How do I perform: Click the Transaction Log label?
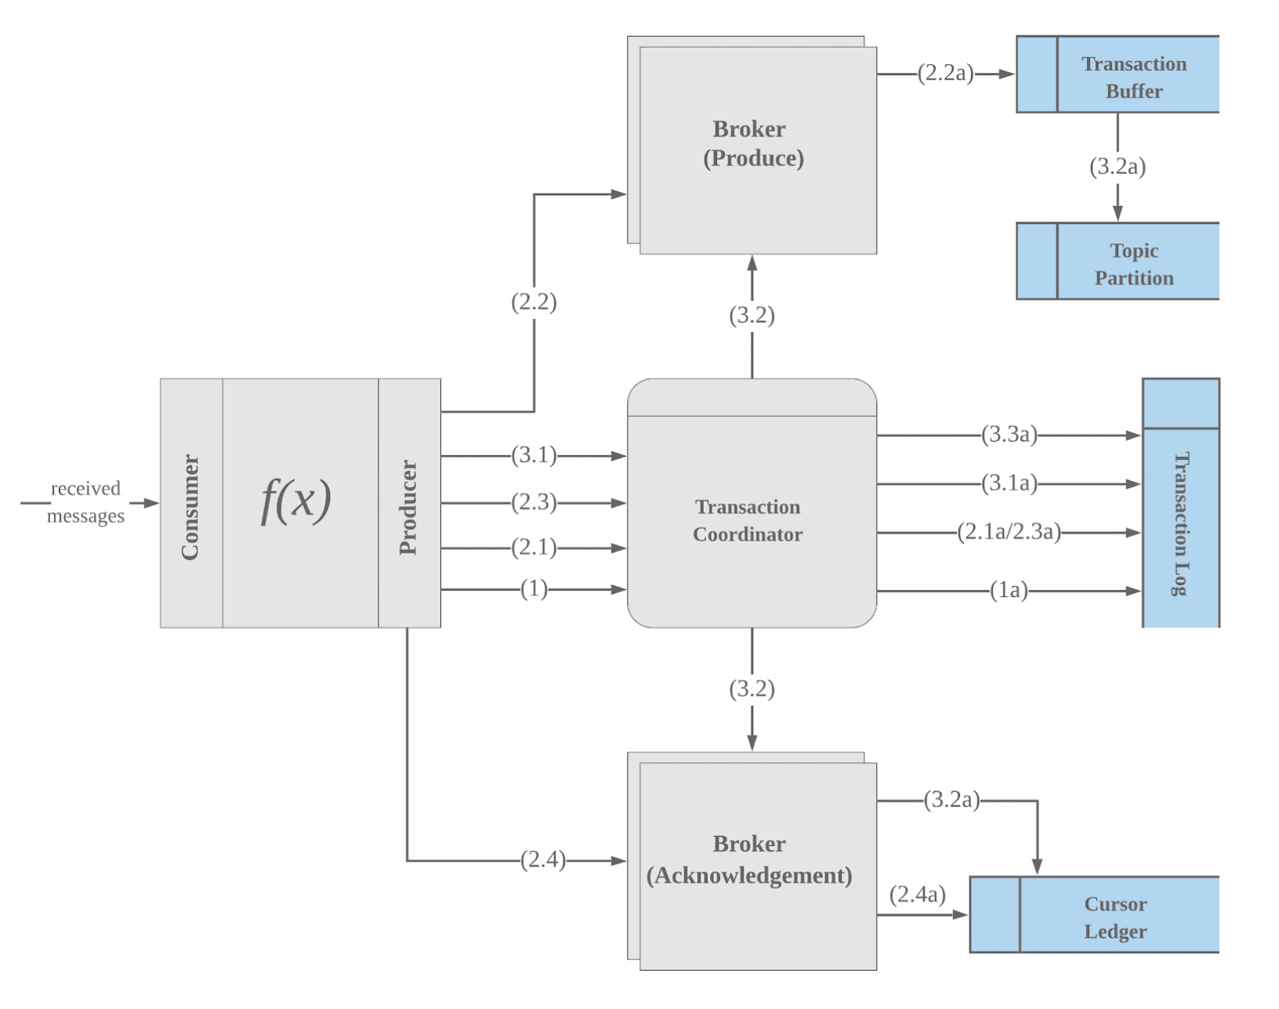1180,523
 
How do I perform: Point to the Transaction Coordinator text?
748,520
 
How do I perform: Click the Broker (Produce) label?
752,143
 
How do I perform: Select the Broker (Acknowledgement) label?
749,859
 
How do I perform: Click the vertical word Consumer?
190,506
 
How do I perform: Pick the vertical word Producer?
408,507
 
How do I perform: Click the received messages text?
85,502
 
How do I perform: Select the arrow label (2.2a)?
945,74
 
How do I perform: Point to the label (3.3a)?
1009,435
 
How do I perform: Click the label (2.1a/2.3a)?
1009,533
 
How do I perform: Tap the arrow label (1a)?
1009,590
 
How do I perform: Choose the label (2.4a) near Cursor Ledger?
917,894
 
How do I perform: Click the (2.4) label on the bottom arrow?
542,859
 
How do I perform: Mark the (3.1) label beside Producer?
534,455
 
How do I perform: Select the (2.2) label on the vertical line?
534,302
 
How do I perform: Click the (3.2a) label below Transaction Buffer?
1117,166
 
